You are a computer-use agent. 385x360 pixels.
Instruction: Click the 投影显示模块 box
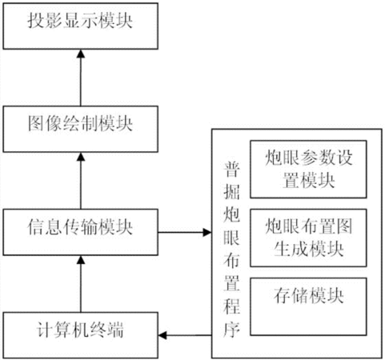[x=81, y=26]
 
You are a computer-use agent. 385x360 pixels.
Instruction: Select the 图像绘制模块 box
[x=81, y=129]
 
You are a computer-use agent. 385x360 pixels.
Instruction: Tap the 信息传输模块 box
[x=81, y=232]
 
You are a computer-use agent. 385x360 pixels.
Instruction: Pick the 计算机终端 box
[x=81, y=335]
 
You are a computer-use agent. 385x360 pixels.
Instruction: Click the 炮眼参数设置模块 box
[x=308, y=170]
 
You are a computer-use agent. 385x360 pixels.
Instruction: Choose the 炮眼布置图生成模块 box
[x=308, y=238]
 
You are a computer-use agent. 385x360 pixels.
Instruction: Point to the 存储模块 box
[x=308, y=306]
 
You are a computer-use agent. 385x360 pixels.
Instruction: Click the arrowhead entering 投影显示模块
[x=81, y=54]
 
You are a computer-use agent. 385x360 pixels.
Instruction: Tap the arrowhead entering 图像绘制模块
[x=81, y=157]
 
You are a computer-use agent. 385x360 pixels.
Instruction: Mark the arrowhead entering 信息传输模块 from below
[x=81, y=260]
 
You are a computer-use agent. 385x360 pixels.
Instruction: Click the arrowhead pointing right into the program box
[x=207, y=232]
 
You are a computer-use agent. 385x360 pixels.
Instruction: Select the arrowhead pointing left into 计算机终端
[x=162, y=335]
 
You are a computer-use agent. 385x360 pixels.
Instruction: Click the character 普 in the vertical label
[x=231, y=169]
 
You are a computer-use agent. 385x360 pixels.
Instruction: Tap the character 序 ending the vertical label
[x=231, y=330]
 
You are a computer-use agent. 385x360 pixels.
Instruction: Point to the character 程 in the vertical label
[x=231, y=306]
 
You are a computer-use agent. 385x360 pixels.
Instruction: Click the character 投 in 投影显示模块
[x=36, y=21]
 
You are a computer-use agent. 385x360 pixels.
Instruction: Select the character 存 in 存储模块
[x=282, y=295]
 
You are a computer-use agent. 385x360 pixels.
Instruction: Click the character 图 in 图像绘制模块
[x=36, y=124]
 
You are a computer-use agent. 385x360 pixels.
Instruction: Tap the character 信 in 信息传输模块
[x=36, y=226]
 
